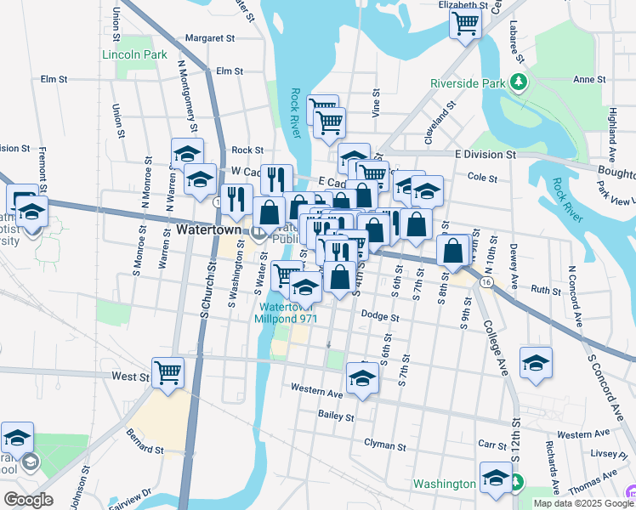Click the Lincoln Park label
pyautogui.click(x=134, y=55)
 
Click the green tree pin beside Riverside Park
pyautogui.click(x=518, y=82)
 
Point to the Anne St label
pyautogui.click(x=588, y=79)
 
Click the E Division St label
pyautogui.click(x=486, y=155)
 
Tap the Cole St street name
pyautogui.click(x=482, y=177)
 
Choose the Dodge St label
pyautogui.click(x=380, y=316)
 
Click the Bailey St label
pyautogui.click(x=336, y=416)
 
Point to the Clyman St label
pyautogui.click(x=385, y=445)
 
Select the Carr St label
pyautogui.click(x=492, y=445)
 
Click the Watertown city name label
pyautogui.click(x=212, y=230)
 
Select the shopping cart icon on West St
pyautogui.click(x=168, y=371)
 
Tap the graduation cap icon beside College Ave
pyautogui.click(x=536, y=362)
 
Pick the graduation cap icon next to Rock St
pyautogui.click(x=187, y=154)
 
